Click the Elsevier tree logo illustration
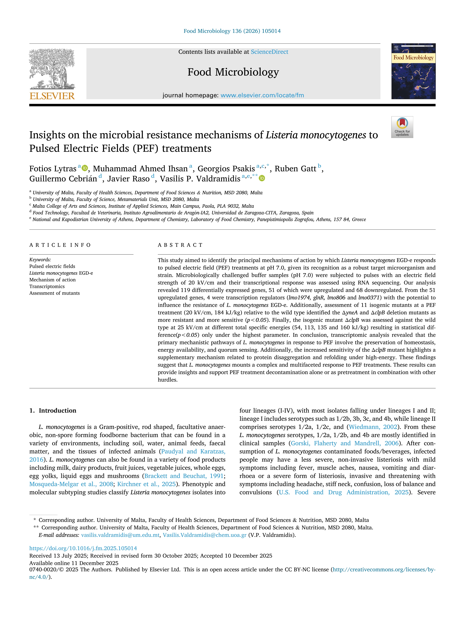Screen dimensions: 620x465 pyautogui.click(x=52, y=69)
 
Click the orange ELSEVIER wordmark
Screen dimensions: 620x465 pyautogui.click(x=52, y=96)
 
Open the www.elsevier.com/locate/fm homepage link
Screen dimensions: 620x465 pyautogui.click(x=262, y=95)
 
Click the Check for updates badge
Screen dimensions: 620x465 pyautogui.click(x=402, y=127)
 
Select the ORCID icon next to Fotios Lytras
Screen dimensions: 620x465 pyautogui.click(x=85, y=168)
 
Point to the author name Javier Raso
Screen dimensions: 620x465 pyautogui.click(x=128, y=179)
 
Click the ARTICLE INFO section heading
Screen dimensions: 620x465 pyautogui.click(x=60, y=245)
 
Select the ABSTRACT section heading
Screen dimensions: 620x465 pyautogui.click(x=180, y=245)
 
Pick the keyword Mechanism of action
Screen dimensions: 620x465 pyautogui.click(x=52, y=280)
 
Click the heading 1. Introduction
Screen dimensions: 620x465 pyautogui.click(x=53, y=411)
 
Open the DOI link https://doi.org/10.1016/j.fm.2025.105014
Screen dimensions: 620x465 pyautogui.click(x=83, y=548)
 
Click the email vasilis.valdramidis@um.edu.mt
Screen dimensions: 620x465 pyautogui.click(x=120, y=535)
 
